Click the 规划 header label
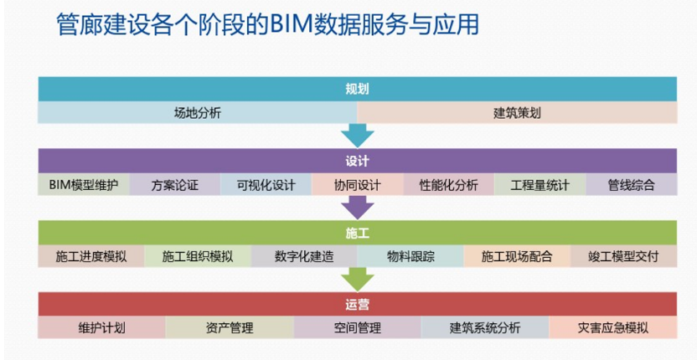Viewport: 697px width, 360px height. pos(358,90)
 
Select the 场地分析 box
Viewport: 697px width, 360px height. pos(198,113)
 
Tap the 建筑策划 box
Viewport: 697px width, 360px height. pos(517,113)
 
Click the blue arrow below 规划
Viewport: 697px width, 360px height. pos(358,136)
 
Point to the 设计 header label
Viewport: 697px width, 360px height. pos(358,161)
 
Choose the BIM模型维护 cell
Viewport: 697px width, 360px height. pos(84,184)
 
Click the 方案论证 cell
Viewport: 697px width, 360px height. pos(175,184)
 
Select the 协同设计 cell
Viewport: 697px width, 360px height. pos(358,184)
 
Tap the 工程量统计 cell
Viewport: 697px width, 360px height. pos(540,184)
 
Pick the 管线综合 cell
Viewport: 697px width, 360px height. pos(631,184)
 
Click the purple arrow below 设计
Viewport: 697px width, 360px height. pos(358,208)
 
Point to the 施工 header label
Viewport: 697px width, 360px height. pos(358,233)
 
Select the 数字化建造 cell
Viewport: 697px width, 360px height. pos(304,256)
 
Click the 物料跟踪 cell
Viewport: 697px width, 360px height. pos(410,256)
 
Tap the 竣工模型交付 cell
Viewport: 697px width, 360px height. pos(623,256)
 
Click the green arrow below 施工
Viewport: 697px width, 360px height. pos(358,280)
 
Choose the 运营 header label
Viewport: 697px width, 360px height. pos(358,305)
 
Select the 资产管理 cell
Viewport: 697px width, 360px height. pos(230,328)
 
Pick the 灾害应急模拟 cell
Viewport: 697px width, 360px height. pos(613,328)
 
